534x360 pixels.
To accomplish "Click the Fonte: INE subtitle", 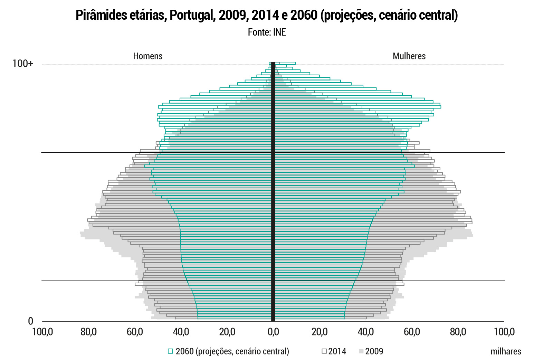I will pos(267,32).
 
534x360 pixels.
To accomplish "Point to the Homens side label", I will pos(148,56).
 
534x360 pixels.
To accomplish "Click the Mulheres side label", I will pos(409,56).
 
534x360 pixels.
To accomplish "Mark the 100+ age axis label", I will pos(23,64).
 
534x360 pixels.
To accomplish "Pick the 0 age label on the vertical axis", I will pos(30,322).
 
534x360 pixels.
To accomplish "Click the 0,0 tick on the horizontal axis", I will pos(273,332).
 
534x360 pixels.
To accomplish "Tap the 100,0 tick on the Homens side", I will pos(42,332).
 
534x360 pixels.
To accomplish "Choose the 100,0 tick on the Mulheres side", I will pos(504,332).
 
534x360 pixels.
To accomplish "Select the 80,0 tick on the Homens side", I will pos(88,332).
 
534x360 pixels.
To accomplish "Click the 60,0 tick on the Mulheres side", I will pos(412,332).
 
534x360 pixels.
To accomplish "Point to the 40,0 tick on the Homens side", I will pos(181,332).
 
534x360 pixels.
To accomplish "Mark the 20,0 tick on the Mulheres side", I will pos(320,332).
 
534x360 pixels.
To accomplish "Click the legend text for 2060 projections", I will pos(232,351).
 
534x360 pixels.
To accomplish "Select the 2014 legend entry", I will pos(337,351).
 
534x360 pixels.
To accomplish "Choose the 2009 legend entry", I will pos(374,351).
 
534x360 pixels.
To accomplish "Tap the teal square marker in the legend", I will pos(170,351).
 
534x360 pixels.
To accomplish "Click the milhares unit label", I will pos(506,351).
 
